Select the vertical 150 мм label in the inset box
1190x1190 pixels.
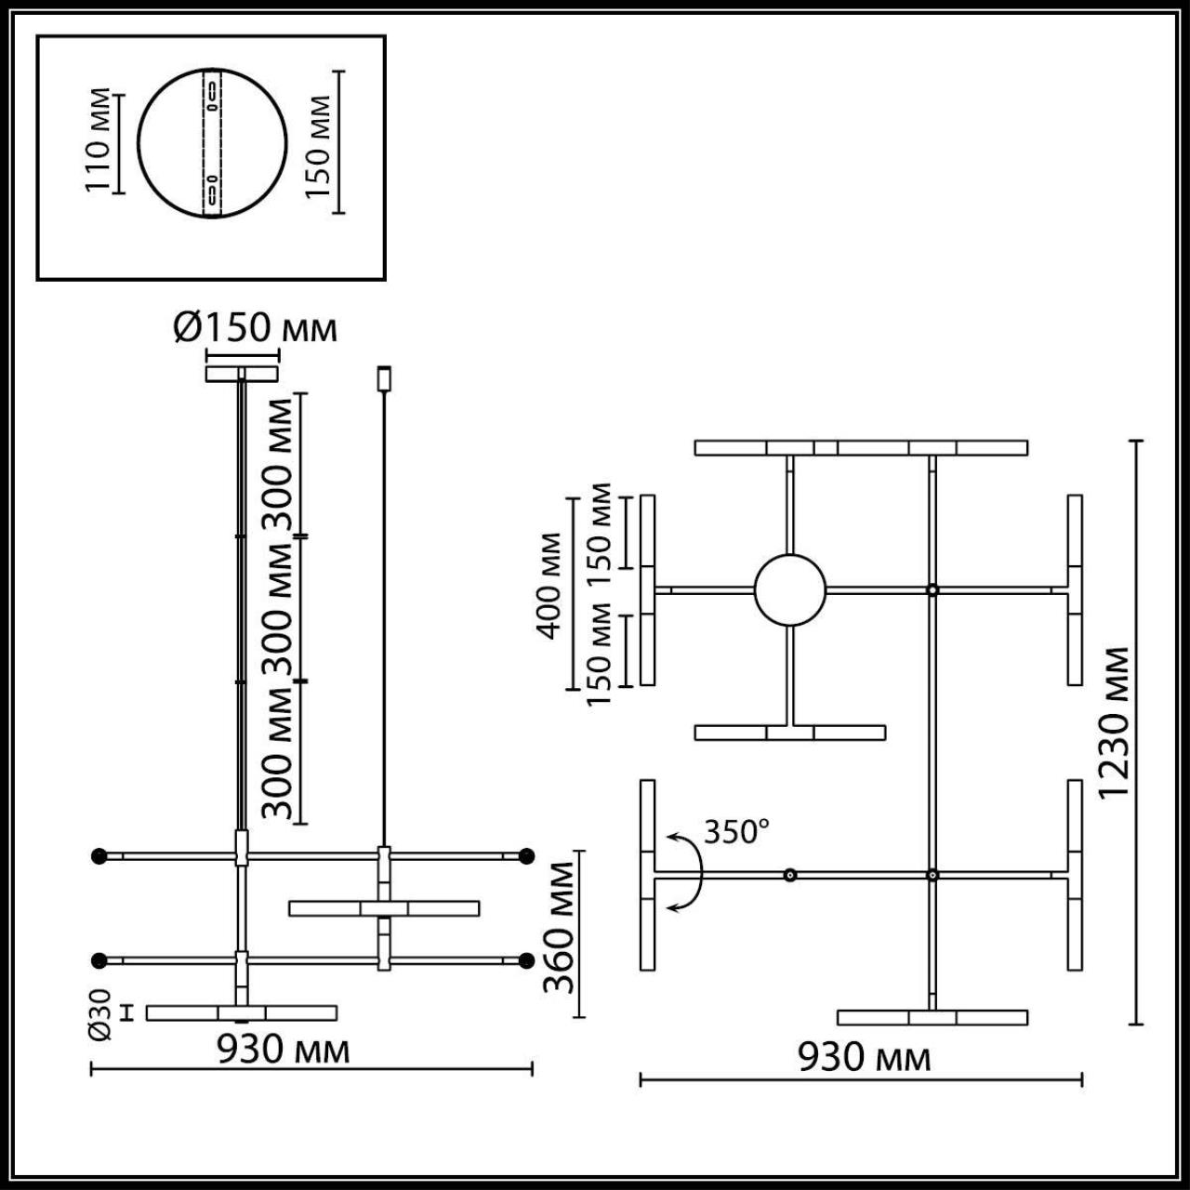click(x=319, y=144)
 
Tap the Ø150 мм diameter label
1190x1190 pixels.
click(x=255, y=327)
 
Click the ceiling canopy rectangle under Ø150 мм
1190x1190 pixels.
click(x=242, y=374)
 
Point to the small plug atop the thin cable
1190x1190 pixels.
click(x=383, y=378)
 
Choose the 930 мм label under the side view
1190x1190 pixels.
click(x=284, y=1050)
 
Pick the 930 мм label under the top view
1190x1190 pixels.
click(x=864, y=1057)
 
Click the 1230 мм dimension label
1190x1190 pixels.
click(x=1113, y=721)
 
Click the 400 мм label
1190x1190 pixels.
click(x=550, y=585)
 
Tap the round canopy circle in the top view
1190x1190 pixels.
click(x=789, y=590)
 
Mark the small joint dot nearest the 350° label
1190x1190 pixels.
click(x=789, y=875)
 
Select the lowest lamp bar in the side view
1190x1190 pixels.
click(x=242, y=1012)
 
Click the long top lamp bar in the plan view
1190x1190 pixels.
click(x=861, y=447)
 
